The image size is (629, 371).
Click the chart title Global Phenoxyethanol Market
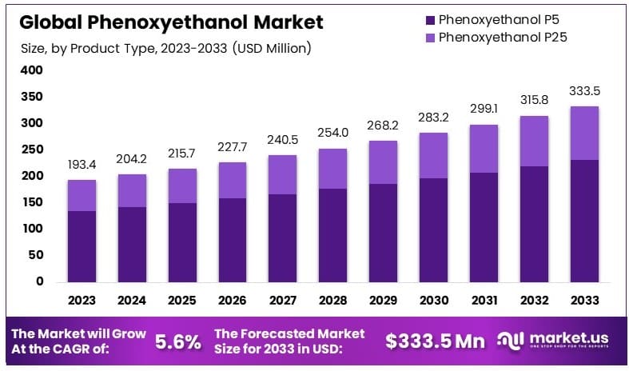pyautogui.click(x=172, y=22)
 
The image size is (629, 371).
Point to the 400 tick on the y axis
pyautogui.click(x=32, y=70)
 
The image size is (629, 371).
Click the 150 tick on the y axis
pyautogui.click(x=32, y=202)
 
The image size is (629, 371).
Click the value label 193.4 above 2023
pyautogui.click(x=82, y=165)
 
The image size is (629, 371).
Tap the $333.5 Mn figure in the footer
pyautogui.click(x=435, y=341)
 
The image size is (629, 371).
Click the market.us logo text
pyautogui.click(x=568, y=339)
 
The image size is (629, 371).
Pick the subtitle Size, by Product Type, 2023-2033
pyautogui.click(x=166, y=49)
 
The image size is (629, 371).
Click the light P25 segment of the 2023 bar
pyautogui.click(x=82, y=195)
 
